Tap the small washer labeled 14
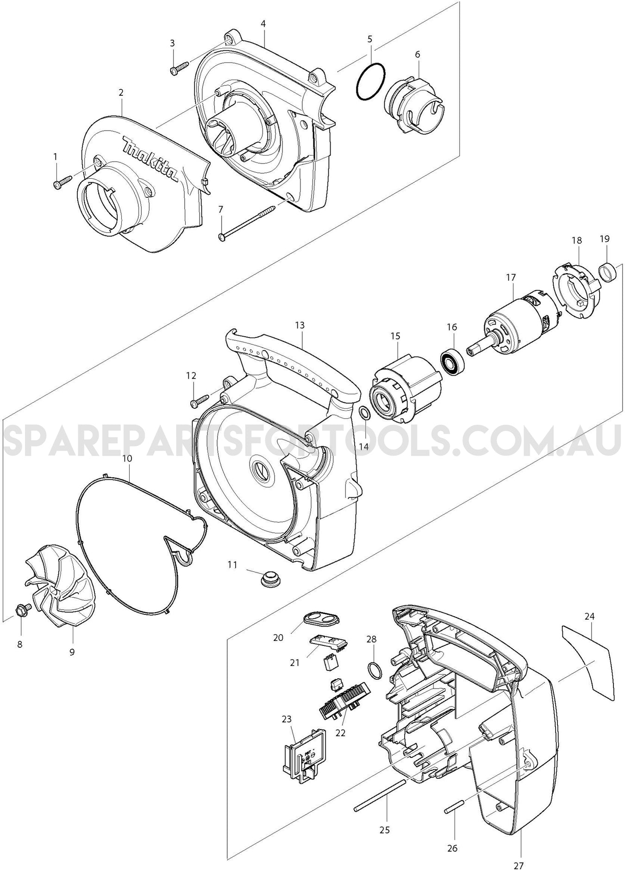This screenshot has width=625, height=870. tap(364, 412)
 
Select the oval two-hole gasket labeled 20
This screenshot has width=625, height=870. tap(320, 617)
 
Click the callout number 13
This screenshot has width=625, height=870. tap(300, 325)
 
